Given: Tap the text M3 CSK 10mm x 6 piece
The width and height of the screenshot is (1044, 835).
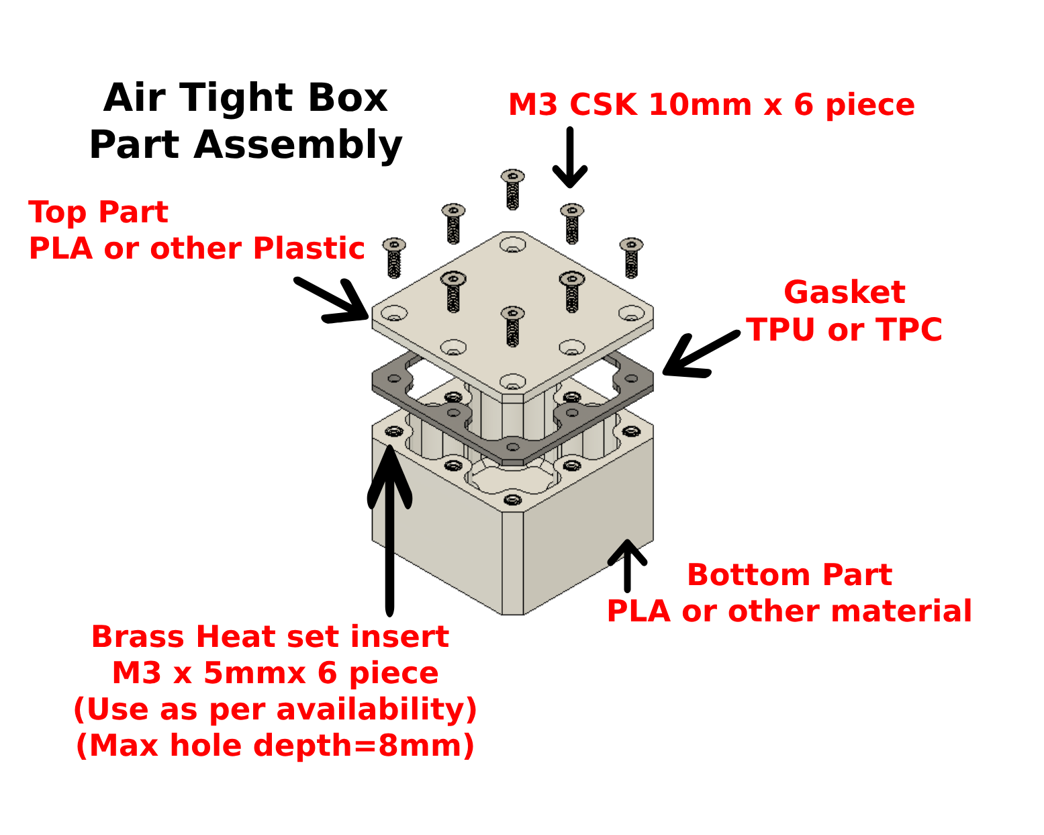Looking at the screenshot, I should click(711, 105).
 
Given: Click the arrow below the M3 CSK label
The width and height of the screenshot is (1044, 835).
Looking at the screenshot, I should click(570, 157).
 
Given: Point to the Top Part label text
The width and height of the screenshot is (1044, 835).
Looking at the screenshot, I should click(98, 213).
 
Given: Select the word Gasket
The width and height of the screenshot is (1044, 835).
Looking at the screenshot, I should click(844, 293).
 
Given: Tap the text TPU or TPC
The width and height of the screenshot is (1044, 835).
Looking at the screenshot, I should click(844, 330).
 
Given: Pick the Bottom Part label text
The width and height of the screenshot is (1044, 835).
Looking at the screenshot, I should click(789, 575).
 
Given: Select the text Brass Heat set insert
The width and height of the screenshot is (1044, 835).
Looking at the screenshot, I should click(270, 637).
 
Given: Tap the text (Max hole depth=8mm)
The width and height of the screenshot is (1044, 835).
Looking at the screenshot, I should click(275, 746).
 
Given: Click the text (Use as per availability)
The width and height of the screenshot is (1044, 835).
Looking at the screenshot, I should click(275, 709).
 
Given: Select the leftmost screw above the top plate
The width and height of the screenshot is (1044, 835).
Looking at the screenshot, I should click(394, 257).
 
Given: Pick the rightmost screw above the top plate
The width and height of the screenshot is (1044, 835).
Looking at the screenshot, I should click(631, 257).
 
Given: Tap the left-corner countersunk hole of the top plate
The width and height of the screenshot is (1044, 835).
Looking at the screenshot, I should click(394, 314).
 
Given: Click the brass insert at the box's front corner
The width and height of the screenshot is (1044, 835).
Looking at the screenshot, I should click(512, 500).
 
